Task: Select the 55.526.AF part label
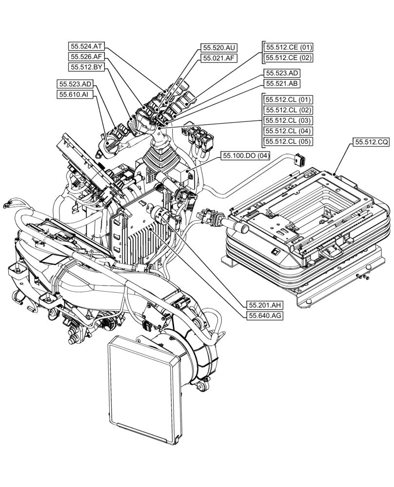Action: coord(86,57)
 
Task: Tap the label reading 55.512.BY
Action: coord(86,67)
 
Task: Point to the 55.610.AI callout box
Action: coord(74,94)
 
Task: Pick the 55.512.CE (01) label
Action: coord(288,47)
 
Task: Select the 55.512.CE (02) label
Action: coord(288,58)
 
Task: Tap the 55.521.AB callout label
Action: coord(282,83)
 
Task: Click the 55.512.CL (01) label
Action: coord(288,99)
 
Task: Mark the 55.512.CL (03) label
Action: coord(288,120)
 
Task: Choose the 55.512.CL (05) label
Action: coord(288,142)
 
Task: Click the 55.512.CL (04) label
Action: coord(288,131)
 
